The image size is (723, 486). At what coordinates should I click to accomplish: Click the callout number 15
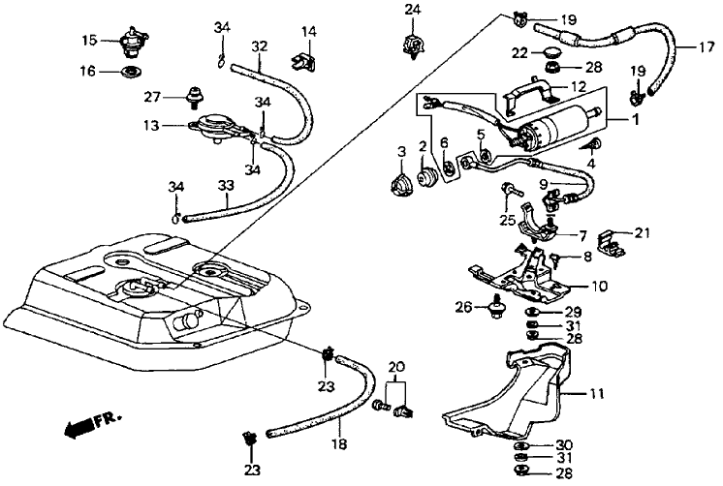click(x=88, y=41)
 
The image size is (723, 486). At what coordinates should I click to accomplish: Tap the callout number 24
click(x=413, y=11)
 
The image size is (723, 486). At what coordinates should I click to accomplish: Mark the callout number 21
click(x=644, y=232)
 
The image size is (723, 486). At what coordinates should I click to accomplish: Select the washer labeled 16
click(x=127, y=72)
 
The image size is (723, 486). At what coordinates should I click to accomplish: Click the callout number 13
click(x=151, y=125)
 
